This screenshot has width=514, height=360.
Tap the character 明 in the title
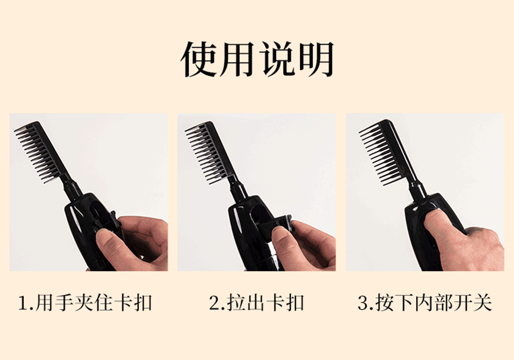coord(316,59)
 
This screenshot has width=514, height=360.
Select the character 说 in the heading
coord(278,59)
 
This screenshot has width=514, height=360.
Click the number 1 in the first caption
coord(24,302)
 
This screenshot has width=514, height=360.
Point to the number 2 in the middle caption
coord(215,302)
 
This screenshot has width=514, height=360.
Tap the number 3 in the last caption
coord(363,302)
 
